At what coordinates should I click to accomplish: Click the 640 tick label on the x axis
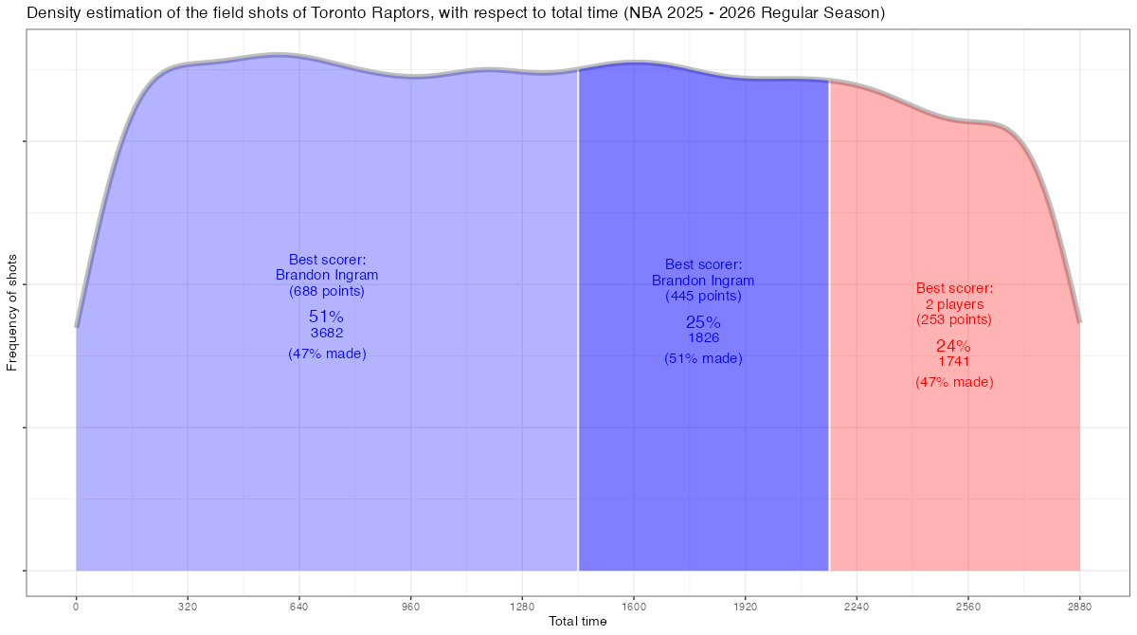(299, 607)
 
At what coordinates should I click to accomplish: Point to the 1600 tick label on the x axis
(634, 607)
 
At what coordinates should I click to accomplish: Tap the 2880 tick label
(1080, 607)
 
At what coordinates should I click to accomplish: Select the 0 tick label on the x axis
(76, 607)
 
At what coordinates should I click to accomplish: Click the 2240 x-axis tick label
(857, 607)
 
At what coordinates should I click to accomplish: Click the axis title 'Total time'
(578, 622)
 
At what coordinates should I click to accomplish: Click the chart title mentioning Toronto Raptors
(456, 13)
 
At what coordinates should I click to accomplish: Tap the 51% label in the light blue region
(326, 317)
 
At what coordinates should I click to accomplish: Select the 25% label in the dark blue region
(703, 322)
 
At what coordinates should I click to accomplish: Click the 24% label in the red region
(953, 346)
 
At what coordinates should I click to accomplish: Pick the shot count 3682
(326, 334)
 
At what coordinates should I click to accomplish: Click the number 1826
(703, 338)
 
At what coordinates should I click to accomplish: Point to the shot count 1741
(953, 362)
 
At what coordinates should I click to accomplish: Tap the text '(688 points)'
(326, 291)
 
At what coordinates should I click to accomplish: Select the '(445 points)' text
(703, 296)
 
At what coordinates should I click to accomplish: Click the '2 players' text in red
(953, 304)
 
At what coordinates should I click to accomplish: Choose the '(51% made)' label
(703, 358)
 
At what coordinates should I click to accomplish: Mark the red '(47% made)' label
(953, 382)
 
